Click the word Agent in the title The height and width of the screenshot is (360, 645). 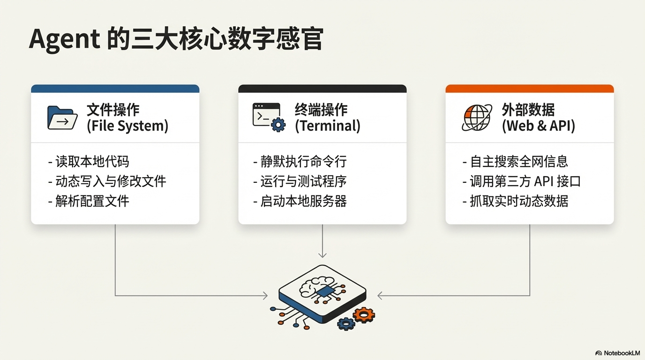65,39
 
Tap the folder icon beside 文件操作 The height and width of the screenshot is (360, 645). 62,118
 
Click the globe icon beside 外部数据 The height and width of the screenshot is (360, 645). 477,117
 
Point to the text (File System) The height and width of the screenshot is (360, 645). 127,126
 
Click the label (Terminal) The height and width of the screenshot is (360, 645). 327,126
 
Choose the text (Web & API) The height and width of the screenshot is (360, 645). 538,126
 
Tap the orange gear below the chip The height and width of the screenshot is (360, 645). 364,315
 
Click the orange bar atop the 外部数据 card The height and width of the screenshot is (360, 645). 529,89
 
